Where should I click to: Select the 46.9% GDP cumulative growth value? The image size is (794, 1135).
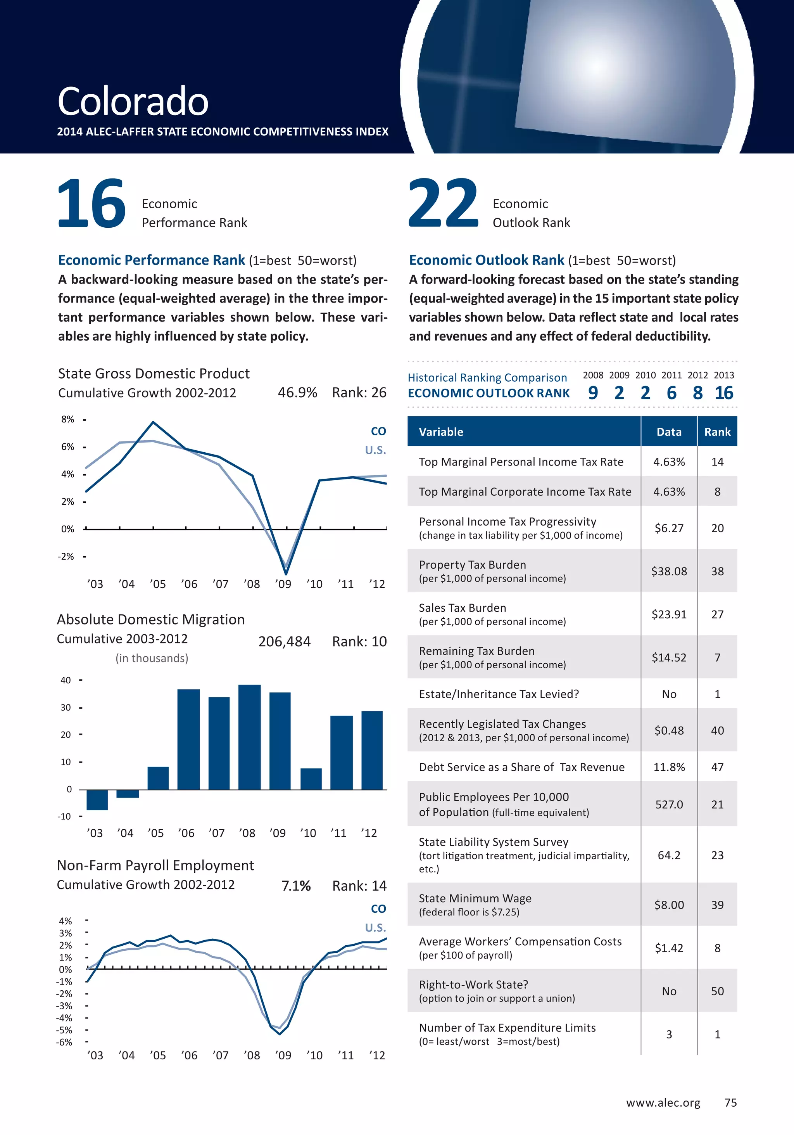tap(297, 393)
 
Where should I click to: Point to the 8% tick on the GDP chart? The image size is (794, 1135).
tap(68, 419)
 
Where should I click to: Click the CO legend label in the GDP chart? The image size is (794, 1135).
tap(378, 431)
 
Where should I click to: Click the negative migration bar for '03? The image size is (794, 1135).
tap(97, 799)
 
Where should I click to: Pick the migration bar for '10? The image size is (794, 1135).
tap(311, 779)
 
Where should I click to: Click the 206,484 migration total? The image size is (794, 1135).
tap(284, 642)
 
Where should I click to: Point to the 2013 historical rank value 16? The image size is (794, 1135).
tap(724, 393)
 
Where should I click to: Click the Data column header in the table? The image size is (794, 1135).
tap(669, 432)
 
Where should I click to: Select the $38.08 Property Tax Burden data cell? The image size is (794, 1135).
tap(669, 571)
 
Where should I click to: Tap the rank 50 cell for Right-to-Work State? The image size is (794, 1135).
tap(717, 991)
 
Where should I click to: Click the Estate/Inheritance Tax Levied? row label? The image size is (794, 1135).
tap(499, 694)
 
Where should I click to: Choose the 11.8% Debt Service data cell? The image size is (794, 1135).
tap(669, 767)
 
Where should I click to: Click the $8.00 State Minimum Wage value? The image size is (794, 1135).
tap(669, 905)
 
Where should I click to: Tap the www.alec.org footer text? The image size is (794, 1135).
tap(663, 1102)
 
